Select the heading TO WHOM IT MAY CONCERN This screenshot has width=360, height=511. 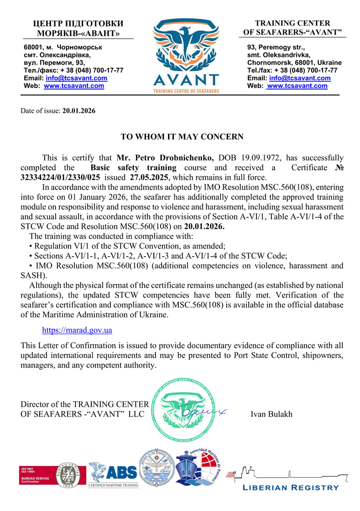(x=182, y=137)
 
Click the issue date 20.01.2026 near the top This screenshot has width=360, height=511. (x=79, y=111)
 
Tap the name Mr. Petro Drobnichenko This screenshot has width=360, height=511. (x=165, y=158)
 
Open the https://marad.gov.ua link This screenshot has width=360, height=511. (x=77, y=330)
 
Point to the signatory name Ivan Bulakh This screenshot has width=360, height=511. (x=271, y=414)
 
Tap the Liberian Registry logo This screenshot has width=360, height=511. (x=291, y=478)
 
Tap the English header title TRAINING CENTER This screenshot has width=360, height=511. (x=292, y=23)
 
